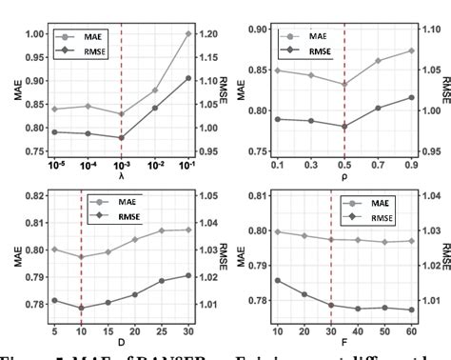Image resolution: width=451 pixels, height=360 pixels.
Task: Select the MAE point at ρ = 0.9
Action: tap(411, 50)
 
